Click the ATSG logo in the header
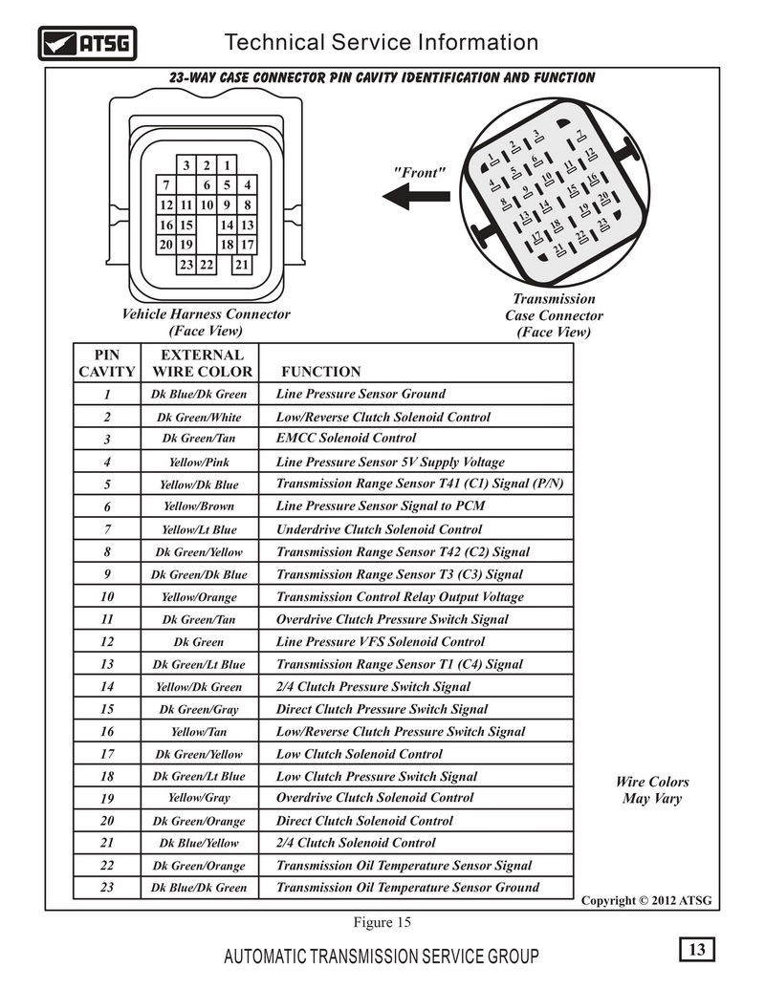(x=87, y=43)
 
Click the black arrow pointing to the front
(x=417, y=196)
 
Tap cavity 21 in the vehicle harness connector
(x=242, y=265)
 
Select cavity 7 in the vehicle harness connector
(x=166, y=184)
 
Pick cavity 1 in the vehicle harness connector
(x=227, y=165)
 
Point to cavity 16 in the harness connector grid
(x=166, y=225)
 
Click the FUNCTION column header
(x=320, y=372)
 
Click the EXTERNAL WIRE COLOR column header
(x=202, y=363)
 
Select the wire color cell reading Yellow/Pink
(x=199, y=462)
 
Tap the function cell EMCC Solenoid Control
(x=346, y=438)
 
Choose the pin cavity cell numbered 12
(x=107, y=641)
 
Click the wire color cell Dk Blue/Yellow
(x=199, y=843)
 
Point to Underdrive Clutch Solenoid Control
(x=379, y=529)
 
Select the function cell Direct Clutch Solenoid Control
(x=364, y=821)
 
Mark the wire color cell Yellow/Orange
(x=199, y=596)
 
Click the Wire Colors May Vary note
(x=652, y=789)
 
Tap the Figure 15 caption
(x=382, y=922)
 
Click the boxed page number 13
(x=697, y=949)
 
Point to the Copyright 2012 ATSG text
(x=645, y=900)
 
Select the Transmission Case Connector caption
(x=554, y=315)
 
